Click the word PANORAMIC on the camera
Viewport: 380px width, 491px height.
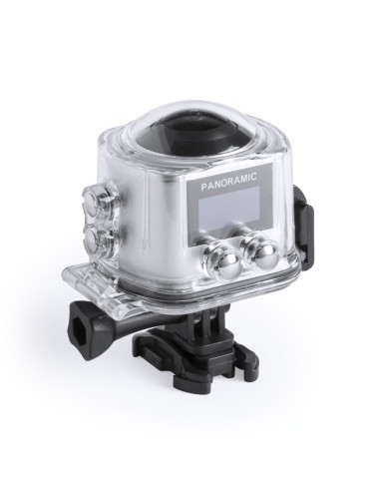coord(228,178)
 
